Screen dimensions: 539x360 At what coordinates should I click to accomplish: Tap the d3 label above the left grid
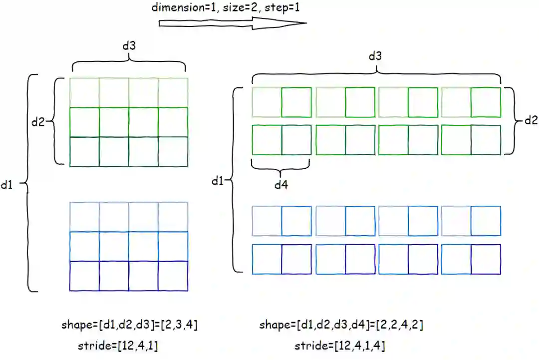(x=129, y=45)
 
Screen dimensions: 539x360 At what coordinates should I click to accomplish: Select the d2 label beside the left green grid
(x=38, y=121)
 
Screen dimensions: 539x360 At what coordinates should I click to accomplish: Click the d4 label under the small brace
(x=281, y=185)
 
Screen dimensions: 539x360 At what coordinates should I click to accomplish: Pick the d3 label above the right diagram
(x=375, y=56)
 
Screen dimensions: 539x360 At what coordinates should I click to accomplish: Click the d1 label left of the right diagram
(x=217, y=181)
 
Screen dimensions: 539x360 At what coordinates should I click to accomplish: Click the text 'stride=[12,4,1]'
(x=119, y=345)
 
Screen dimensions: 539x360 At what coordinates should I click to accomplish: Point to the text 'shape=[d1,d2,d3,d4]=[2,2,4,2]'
(x=341, y=326)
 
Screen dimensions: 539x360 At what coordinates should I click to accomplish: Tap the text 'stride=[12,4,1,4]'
(x=339, y=345)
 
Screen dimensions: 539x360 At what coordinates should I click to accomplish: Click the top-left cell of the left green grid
(x=84, y=92)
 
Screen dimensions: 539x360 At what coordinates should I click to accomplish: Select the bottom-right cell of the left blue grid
(x=173, y=276)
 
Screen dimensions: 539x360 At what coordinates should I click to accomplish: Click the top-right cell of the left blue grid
(x=173, y=217)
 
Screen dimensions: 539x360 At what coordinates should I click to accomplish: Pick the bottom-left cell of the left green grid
(x=84, y=151)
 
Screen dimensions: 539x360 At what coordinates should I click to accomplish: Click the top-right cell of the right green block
(x=486, y=102)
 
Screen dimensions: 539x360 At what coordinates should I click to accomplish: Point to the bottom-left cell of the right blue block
(x=267, y=259)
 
